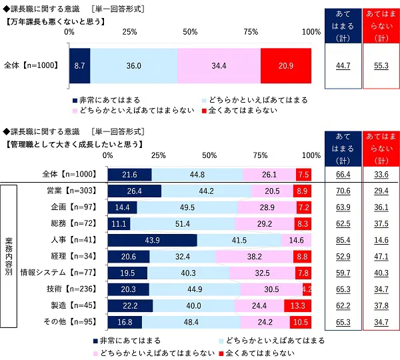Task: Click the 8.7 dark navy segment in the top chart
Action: click(x=79, y=65)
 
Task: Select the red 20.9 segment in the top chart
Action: click(x=286, y=65)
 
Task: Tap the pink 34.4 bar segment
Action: click(x=219, y=65)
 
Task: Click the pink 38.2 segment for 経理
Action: click(x=255, y=256)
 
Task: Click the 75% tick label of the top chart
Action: click(x=251, y=32)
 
